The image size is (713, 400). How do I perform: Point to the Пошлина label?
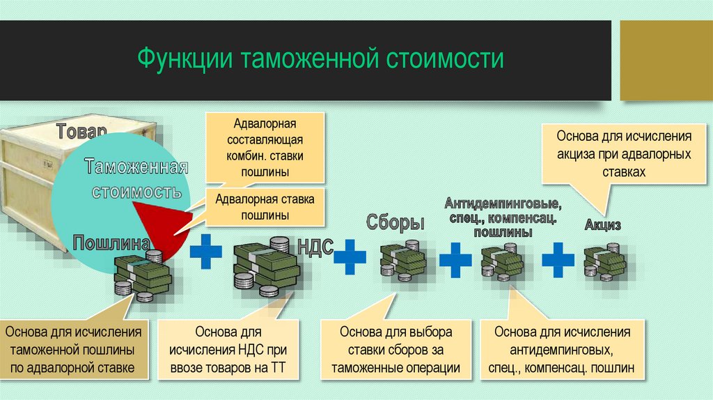111,244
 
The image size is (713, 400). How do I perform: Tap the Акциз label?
602,226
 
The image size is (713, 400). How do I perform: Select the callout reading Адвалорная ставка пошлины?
265,208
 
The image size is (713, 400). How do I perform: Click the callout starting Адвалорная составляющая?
265,148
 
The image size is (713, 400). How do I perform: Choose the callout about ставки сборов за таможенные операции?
396,350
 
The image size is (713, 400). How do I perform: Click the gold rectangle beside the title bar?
665,59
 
